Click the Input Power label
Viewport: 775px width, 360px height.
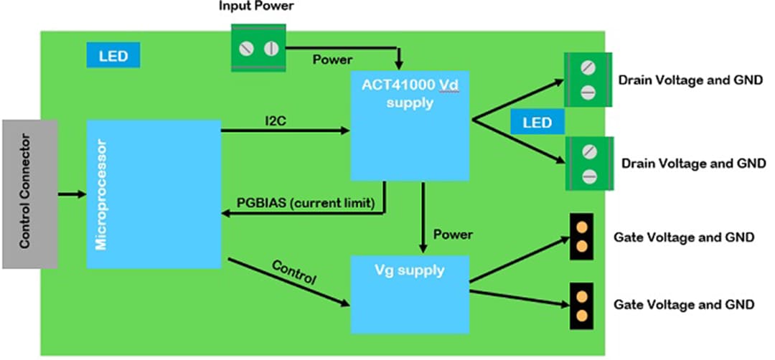click(255, 6)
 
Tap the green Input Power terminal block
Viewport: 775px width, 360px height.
click(258, 49)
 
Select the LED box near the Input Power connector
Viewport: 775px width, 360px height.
click(113, 56)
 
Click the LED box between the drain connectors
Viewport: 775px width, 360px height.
click(537, 123)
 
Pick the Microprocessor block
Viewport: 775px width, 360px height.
click(154, 194)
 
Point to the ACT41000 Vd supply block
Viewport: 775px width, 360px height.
click(410, 125)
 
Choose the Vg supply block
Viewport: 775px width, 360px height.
click(410, 294)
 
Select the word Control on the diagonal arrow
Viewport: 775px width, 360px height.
click(294, 273)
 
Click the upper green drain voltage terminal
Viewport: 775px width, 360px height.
click(588, 80)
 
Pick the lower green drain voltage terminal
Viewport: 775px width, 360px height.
click(589, 164)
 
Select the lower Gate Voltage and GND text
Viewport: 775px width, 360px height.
click(684, 304)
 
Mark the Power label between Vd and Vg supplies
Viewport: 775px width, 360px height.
click(454, 234)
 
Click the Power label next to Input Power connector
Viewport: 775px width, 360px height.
click(332, 60)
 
